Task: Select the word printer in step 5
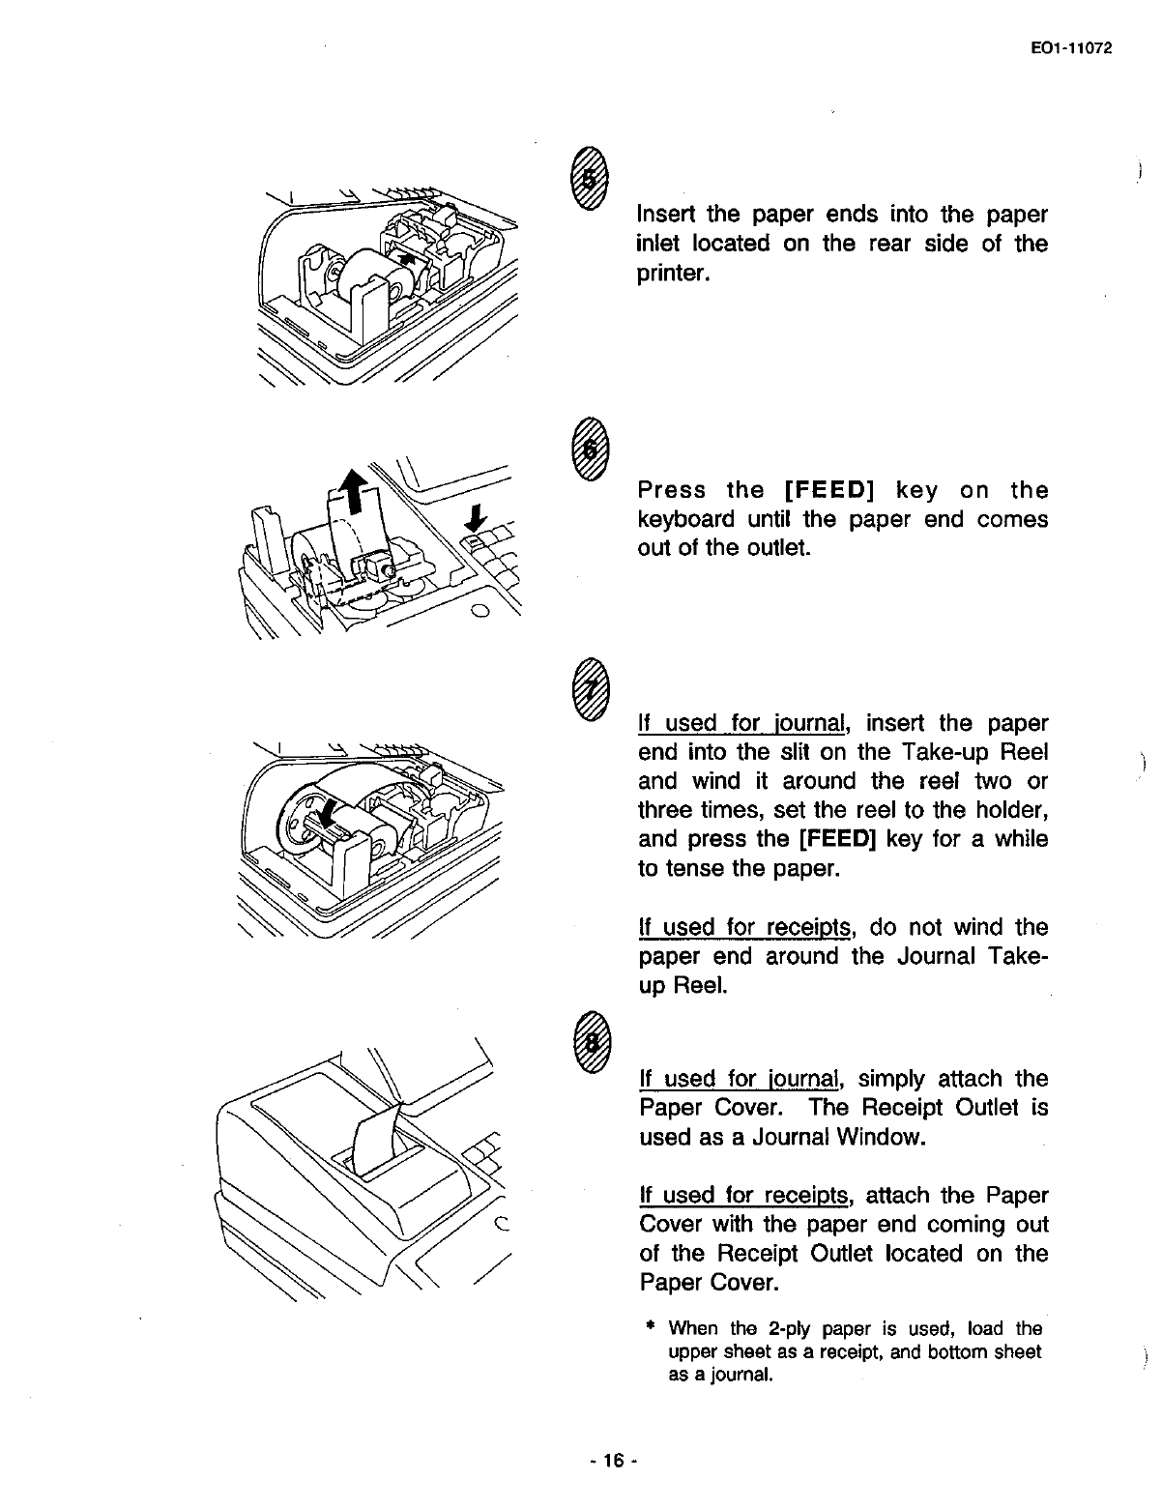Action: (x=674, y=274)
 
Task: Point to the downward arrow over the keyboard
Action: (x=475, y=521)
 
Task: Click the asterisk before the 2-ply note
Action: (x=650, y=1328)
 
